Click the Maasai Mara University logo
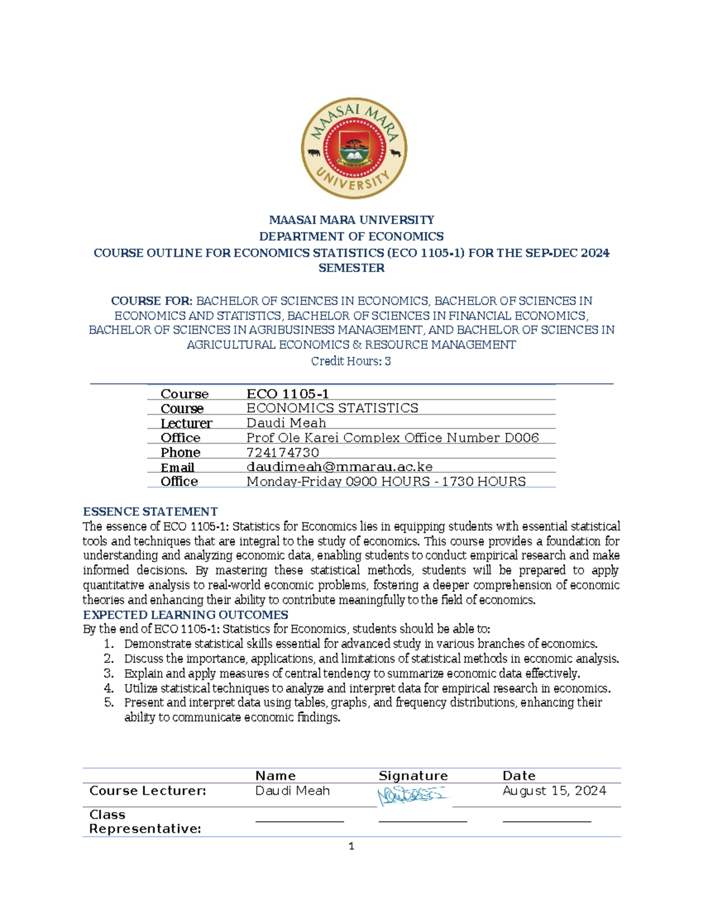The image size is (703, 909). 354,148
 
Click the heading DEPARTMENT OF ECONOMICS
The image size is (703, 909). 351,236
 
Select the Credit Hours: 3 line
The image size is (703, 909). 351,361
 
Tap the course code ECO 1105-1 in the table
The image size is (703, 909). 288,394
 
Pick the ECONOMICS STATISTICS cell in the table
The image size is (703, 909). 332,408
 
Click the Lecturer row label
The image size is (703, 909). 186,423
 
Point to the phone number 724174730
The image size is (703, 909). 282,452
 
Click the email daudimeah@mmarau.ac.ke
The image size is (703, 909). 339,466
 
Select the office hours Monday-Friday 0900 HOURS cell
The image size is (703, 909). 386,481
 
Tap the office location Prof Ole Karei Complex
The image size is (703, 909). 392,438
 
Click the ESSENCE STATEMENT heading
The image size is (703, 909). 150,512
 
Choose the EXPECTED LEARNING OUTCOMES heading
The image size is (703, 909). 185,615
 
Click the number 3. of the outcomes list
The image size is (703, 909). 108,673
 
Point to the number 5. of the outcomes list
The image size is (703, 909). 108,702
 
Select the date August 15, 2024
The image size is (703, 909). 554,791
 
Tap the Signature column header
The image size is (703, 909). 413,776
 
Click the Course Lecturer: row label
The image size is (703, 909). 148,791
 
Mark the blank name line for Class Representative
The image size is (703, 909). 299,821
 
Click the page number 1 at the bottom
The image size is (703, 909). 351,846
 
